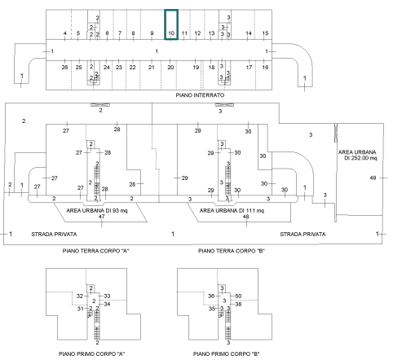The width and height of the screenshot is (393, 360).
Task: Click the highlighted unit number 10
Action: pyautogui.click(x=171, y=33)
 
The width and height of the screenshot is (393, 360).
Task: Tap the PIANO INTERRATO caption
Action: pyautogui.click(x=200, y=95)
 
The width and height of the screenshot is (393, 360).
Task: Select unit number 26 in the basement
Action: pyautogui.click(x=64, y=67)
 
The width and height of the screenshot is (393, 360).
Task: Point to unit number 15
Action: pyautogui.click(x=265, y=33)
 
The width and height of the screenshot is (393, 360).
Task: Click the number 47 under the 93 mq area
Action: pyautogui.click(x=102, y=217)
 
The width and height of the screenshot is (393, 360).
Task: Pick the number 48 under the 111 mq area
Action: pyautogui.click(x=245, y=217)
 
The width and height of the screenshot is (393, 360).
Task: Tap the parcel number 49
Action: pyautogui.click(x=373, y=178)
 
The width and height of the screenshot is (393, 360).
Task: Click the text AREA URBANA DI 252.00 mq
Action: pyautogui.click(x=358, y=155)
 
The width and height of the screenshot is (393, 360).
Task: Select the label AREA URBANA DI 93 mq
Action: pyautogui.click(x=97, y=210)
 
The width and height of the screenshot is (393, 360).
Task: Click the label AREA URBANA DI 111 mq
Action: pyautogui.click(x=232, y=210)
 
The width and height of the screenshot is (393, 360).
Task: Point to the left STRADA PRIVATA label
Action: pyautogui.click(x=54, y=234)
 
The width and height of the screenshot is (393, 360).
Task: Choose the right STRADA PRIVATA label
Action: pyautogui.click(x=302, y=234)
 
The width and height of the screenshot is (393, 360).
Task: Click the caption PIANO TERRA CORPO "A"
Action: pyautogui.click(x=95, y=251)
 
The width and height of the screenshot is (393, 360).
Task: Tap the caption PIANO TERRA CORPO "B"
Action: pyautogui.click(x=232, y=251)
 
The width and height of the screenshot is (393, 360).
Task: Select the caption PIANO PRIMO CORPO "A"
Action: pyautogui.click(x=91, y=354)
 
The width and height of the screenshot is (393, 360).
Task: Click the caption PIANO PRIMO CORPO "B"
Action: pyautogui.click(x=226, y=354)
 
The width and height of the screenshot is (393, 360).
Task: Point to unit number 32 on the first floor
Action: pyautogui.click(x=80, y=296)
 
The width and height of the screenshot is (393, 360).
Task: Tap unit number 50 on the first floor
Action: pyautogui.click(x=238, y=296)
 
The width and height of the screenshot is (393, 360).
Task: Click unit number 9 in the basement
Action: pyautogui.click(x=152, y=33)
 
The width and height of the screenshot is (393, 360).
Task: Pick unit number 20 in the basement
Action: pyautogui.click(x=170, y=67)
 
